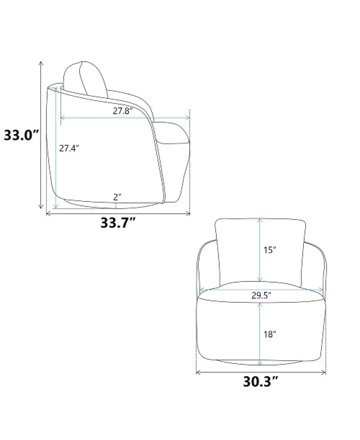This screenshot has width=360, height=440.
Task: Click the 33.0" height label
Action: [21, 135]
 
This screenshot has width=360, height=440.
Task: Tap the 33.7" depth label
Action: [118, 223]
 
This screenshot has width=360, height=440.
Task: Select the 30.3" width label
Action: [261, 381]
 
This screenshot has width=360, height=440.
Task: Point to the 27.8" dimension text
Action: [123, 111]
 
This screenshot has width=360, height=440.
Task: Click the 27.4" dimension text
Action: [69, 148]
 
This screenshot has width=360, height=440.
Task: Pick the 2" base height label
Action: [117, 197]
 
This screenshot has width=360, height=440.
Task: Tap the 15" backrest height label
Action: [270, 249]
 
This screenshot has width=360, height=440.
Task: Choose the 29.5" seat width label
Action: [261, 295]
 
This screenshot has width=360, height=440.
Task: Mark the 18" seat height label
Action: [270, 334]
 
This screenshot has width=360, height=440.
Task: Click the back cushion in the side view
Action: [85, 79]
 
